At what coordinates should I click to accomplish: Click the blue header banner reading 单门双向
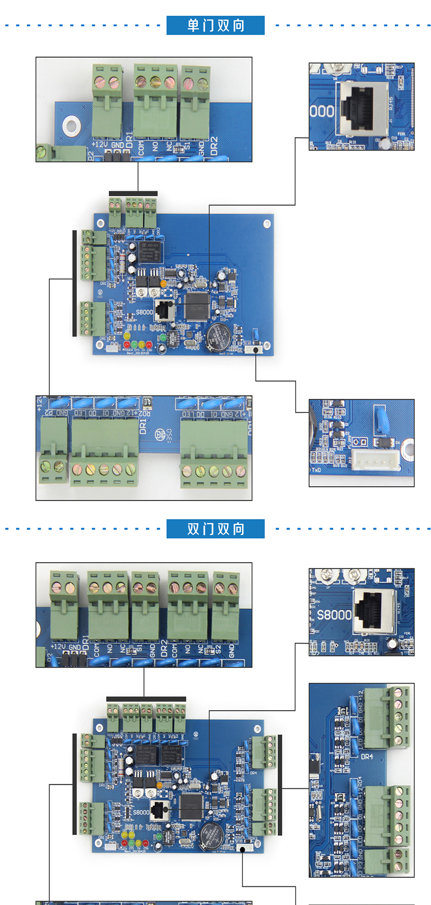tap(215, 25)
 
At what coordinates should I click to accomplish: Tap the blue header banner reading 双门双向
tap(215, 529)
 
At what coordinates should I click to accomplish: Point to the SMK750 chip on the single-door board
tap(197, 307)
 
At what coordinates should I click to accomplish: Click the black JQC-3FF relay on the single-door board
tap(151, 252)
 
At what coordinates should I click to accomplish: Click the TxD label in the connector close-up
tap(316, 470)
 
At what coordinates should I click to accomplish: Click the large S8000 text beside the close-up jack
tap(334, 615)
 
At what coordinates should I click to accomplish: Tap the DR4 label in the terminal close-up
tap(367, 756)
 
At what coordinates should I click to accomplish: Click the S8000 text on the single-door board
tap(144, 312)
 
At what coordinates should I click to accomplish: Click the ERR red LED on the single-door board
tap(149, 345)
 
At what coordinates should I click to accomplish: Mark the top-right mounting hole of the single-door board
tap(267, 223)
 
